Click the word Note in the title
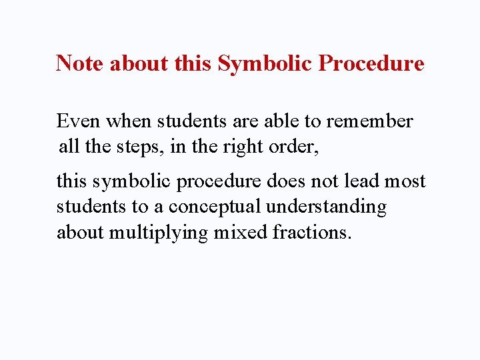80,63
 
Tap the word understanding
326,207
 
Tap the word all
68,146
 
